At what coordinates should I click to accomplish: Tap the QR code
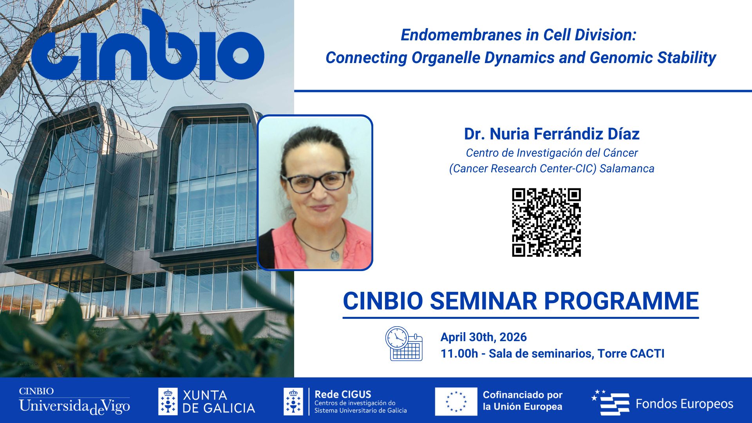tap(546, 222)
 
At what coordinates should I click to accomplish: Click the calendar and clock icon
tap(404, 344)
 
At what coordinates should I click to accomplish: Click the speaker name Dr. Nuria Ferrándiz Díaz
tap(551, 134)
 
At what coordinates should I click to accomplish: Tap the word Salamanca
tap(627, 168)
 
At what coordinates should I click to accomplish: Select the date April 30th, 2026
tap(483, 337)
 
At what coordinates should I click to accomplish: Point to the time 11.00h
tap(459, 354)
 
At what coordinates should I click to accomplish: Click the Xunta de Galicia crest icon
tap(168, 401)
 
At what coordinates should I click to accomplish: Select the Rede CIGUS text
tap(343, 394)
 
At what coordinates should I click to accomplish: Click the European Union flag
tap(456, 401)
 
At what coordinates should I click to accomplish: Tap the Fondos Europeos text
tap(684, 404)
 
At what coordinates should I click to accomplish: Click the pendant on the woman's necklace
tap(335, 255)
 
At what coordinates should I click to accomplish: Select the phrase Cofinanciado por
tap(522, 395)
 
